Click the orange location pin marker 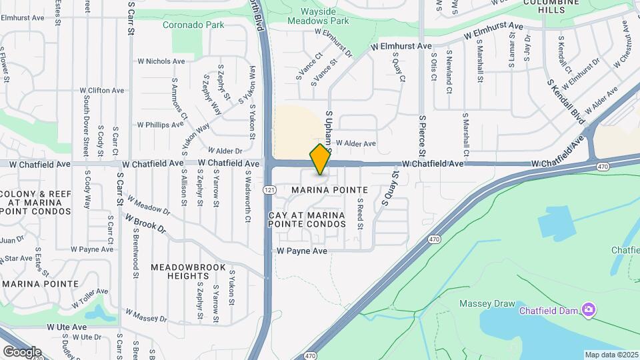tap(321, 159)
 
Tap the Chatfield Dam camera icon tap(588, 309)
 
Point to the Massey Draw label tap(487, 304)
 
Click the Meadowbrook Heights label tap(179, 271)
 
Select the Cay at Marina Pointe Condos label tap(307, 220)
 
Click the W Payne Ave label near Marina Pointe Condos tap(302, 251)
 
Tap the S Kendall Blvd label tap(566, 102)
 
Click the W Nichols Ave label tap(161, 61)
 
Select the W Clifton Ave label tap(102, 90)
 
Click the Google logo tap(22, 351)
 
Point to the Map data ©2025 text tap(611, 355)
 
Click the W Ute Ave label tap(67, 327)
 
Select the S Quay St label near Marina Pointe tap(388, 189)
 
